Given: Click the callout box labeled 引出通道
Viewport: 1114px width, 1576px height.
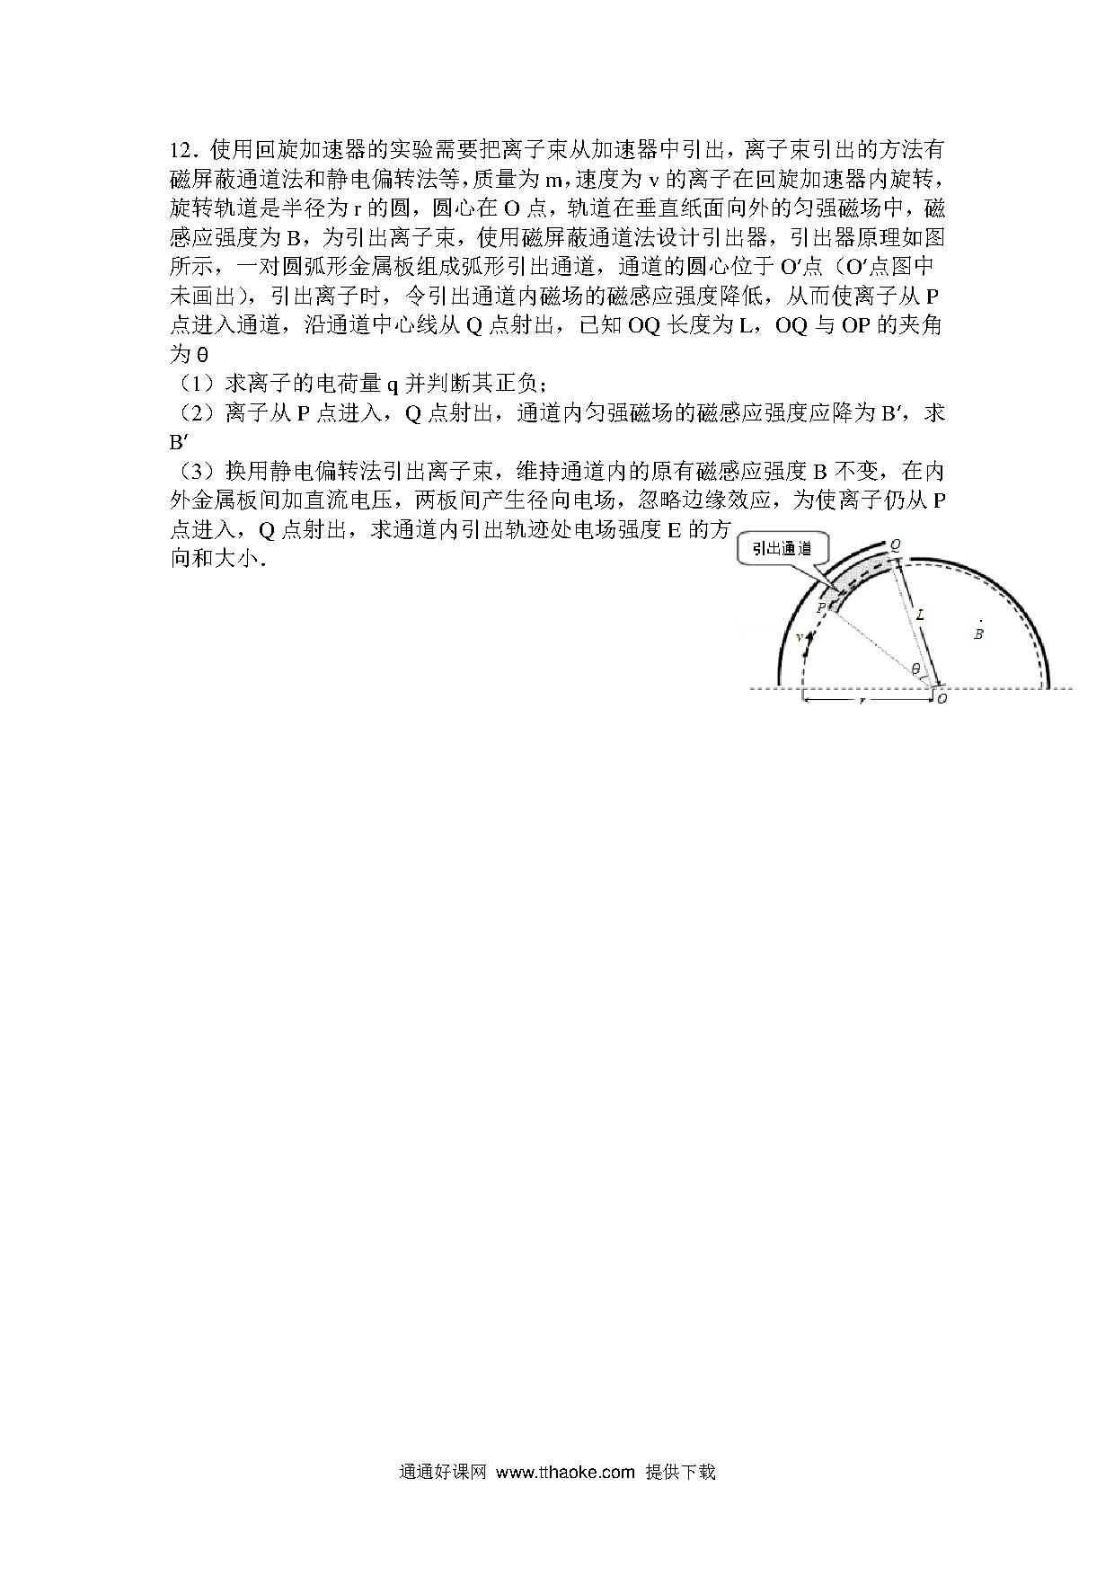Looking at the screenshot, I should [x=782, y=548].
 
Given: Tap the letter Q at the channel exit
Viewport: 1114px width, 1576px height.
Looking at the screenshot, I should [x=895, y=545].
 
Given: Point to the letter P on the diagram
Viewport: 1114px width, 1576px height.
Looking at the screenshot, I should [x=820, y=608].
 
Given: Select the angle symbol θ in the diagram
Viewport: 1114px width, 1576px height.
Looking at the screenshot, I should [x=915, y=668].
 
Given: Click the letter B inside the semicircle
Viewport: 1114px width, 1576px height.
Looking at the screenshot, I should [x=979, y=634].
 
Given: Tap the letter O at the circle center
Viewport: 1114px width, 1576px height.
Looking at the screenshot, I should [x=942, y=698].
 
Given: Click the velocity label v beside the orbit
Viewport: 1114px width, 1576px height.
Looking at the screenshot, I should [x=800, y=637].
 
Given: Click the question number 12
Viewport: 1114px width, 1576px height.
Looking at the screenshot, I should [x=182, y=149].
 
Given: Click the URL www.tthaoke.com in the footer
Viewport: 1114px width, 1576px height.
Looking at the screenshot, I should [x=565, y=1472].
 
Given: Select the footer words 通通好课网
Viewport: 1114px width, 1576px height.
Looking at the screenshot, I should [x=443, y=1472].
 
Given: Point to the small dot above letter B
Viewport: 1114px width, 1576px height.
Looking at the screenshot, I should [x=980, y=621].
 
